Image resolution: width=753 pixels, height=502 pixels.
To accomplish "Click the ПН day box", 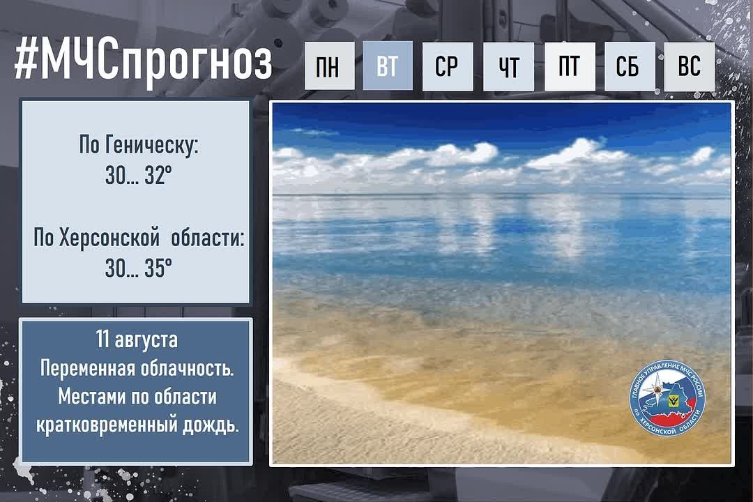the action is [x=329, y=66].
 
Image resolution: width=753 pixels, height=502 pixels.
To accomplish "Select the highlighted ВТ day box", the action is [x=388, y=66].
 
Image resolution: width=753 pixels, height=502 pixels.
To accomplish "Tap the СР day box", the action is [x=448, y=66].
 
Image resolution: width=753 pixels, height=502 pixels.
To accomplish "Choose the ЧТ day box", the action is [x=508, y=66].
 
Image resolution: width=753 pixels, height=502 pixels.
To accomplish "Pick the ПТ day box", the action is [x=570, y=66].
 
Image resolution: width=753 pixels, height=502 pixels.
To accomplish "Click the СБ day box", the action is [x=630, y=66].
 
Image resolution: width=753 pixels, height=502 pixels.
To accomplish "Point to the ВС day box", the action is [x=689, y=66].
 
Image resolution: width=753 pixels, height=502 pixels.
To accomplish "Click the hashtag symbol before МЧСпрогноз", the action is [x=25, y=61].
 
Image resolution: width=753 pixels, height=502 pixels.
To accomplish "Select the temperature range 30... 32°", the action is [x=138, y=176].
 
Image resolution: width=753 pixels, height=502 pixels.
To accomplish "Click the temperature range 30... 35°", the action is [x=138, y=268].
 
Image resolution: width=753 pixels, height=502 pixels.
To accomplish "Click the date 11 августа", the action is [x=137, y=340].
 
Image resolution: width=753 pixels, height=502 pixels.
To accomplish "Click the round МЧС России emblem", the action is [x=667, y=400].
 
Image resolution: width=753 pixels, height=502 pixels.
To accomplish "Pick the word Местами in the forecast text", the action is [x=89, y=397].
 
